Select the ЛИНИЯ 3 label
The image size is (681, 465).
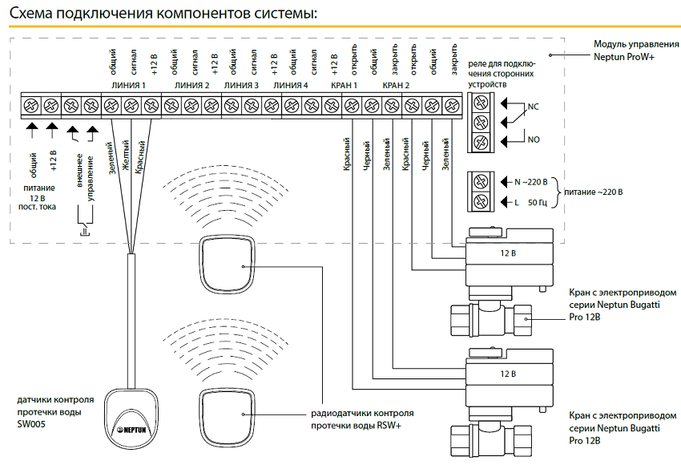241,84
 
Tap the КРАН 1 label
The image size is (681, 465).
344,84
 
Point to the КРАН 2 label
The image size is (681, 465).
396,84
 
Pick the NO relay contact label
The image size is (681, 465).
534,139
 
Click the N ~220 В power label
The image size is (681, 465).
534,182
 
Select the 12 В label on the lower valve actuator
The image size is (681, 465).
507,374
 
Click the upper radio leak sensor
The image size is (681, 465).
228,265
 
